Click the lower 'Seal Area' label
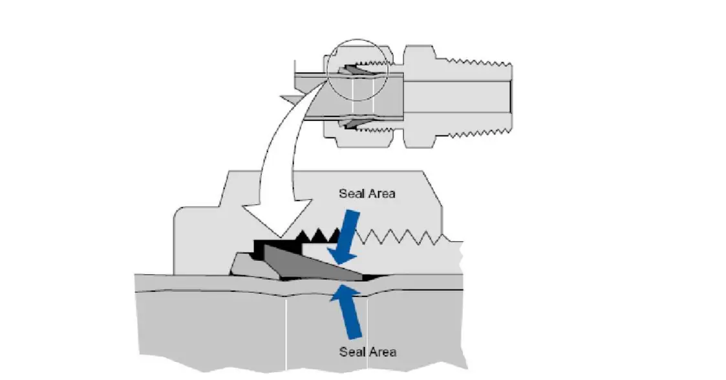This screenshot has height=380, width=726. point(367,352)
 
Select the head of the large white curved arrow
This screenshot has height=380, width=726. point(269,217)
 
